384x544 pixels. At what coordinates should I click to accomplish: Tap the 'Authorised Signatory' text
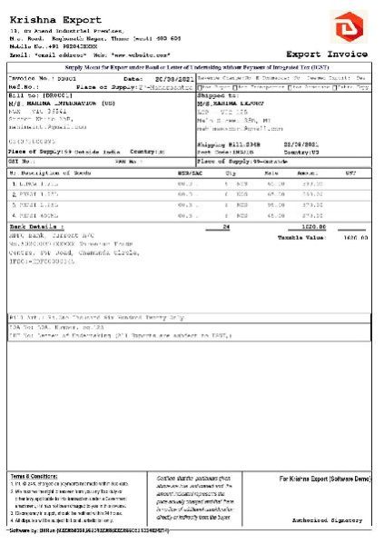340,521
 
